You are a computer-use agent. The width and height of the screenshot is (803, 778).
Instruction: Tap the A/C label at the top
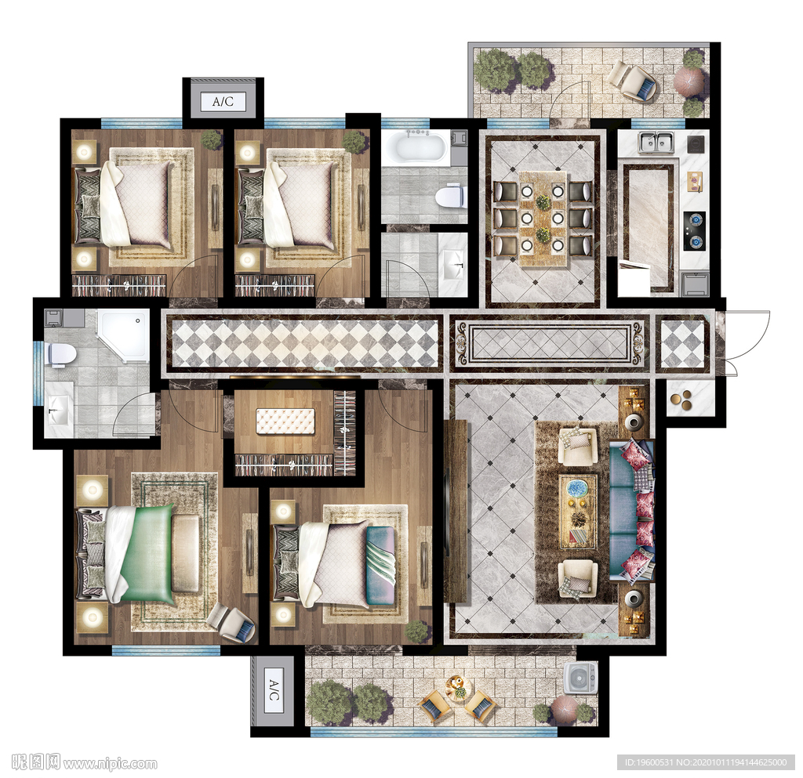(223, 101)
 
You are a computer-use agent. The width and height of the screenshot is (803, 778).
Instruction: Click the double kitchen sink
(656, 142)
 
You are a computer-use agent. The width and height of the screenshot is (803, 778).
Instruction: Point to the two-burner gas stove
(695, 231)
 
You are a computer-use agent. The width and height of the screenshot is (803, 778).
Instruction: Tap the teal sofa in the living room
(631, 512)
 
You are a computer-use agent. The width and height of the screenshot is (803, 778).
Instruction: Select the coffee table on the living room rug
(578, 512)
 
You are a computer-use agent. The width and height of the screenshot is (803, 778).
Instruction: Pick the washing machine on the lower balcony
(580, 678)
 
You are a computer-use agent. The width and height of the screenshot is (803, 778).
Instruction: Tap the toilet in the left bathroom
(61, 354)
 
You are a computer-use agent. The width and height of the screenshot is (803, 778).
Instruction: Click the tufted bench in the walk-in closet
(285, 422)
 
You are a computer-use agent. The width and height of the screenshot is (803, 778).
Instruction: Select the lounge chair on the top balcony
(633, 80)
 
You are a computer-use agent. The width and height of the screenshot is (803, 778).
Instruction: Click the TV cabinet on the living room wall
(456, 511)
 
